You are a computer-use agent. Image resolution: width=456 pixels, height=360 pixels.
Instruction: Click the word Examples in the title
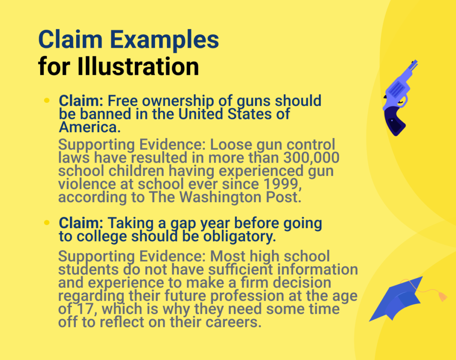coord(165,40)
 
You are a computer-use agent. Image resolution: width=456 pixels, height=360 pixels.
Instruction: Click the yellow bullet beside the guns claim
coord(47,101)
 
